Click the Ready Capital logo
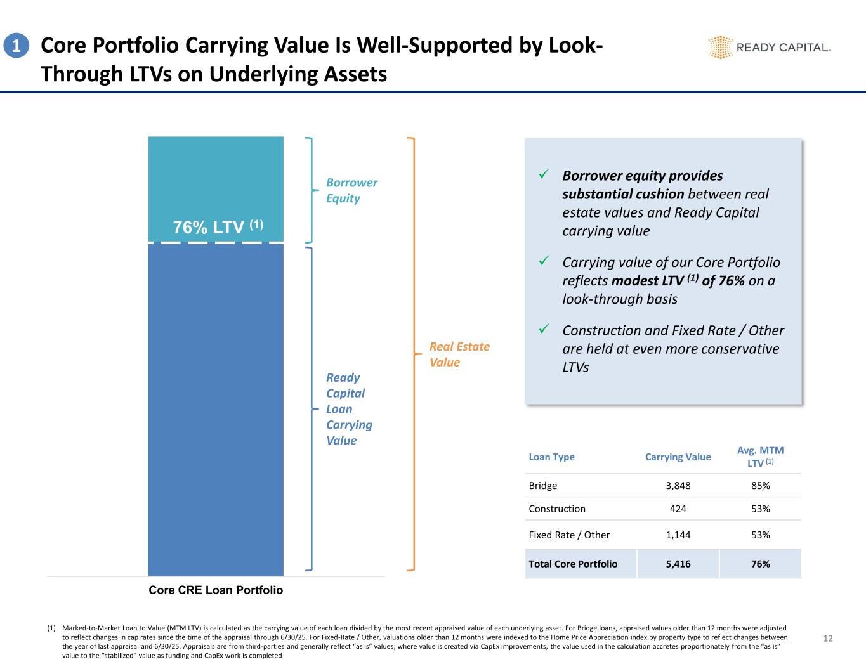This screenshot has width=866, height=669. pyautogui.click(x=769, y=47)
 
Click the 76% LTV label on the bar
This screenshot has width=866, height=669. pyautogui.click(x=218, y=228)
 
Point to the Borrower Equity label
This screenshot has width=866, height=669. pyautogui.click(x=351, y=190)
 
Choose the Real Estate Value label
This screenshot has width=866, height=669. pyautogui.click(x=459, y=354)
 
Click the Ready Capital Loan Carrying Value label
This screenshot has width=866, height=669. pyautogui.click(x=349, y=409)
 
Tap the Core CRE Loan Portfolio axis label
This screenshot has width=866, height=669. pyautogui.click(x=216, y=590)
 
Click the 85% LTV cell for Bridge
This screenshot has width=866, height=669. pyautogui.click(x=760, y=486)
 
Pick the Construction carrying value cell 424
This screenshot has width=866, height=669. pyautogui.click(x=678, y=509)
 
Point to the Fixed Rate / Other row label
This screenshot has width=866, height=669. pyautogui.click(x=569, y=535)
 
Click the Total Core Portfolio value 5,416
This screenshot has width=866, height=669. pyautogui.click(x=678, y=564)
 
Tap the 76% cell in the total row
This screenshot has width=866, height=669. pyautogui.click(x=760, y=564)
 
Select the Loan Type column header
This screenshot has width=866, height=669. pyautogui.click(x=551, y=457)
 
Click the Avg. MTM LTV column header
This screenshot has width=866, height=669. pyautogui.click(x=760, y=457)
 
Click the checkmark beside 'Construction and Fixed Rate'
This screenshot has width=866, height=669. pyautogui.click(x=543, y=328)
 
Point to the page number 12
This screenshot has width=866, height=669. pyautogui.click(x=827, y=639)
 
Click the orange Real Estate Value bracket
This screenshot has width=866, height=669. pyautogui.click(x=414, y=353)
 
